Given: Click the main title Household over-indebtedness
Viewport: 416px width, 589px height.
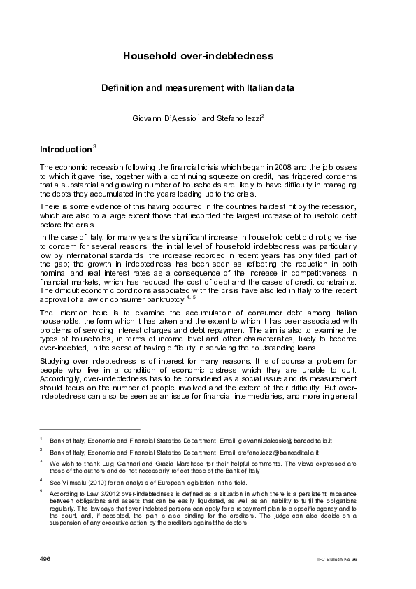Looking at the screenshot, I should (208, 55).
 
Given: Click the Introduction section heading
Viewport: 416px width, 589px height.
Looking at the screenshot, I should (65, 149).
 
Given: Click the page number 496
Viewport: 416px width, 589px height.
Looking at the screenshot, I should (45, 560).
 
